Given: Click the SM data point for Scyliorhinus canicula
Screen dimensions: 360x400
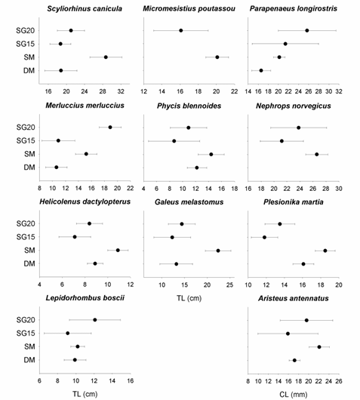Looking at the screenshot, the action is click(106, 57).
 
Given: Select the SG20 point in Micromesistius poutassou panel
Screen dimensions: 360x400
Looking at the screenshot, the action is click(181, 31).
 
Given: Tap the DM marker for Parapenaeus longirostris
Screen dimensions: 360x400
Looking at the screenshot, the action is click(261, 70).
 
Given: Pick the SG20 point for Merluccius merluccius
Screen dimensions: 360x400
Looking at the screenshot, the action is click(110, 128).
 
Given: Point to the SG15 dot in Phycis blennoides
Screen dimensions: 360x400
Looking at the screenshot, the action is click(174, 141).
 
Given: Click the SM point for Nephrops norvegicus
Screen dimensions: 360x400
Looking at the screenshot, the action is click(317, 154).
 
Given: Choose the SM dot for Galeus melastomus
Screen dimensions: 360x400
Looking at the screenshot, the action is click(218, 251).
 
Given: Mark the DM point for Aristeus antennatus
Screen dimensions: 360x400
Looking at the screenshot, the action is click(294, 360).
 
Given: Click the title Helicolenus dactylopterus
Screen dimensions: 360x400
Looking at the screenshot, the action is click(85, 202).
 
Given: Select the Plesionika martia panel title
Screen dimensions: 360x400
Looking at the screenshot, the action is click(294, 202).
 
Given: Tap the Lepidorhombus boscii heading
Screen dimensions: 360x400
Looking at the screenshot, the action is click(85, 298).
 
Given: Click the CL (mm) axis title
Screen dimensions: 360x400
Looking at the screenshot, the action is click(294, 395).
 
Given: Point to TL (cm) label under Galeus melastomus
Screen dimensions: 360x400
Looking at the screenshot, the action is click(189, 298).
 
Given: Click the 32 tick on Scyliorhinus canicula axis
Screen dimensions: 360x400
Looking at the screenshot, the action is click(121, 91).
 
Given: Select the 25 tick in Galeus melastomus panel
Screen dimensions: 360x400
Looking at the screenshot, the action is click(230, 285).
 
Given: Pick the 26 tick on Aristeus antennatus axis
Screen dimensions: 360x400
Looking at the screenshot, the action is click(339, 381).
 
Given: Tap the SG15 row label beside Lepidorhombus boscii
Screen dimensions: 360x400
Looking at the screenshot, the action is click(26, 333).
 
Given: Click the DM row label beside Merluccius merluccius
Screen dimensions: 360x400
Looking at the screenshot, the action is click(29, 168).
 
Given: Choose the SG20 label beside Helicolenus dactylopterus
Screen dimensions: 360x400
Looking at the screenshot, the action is click(26, 223).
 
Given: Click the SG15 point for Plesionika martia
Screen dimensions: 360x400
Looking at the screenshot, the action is click(264, 238).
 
